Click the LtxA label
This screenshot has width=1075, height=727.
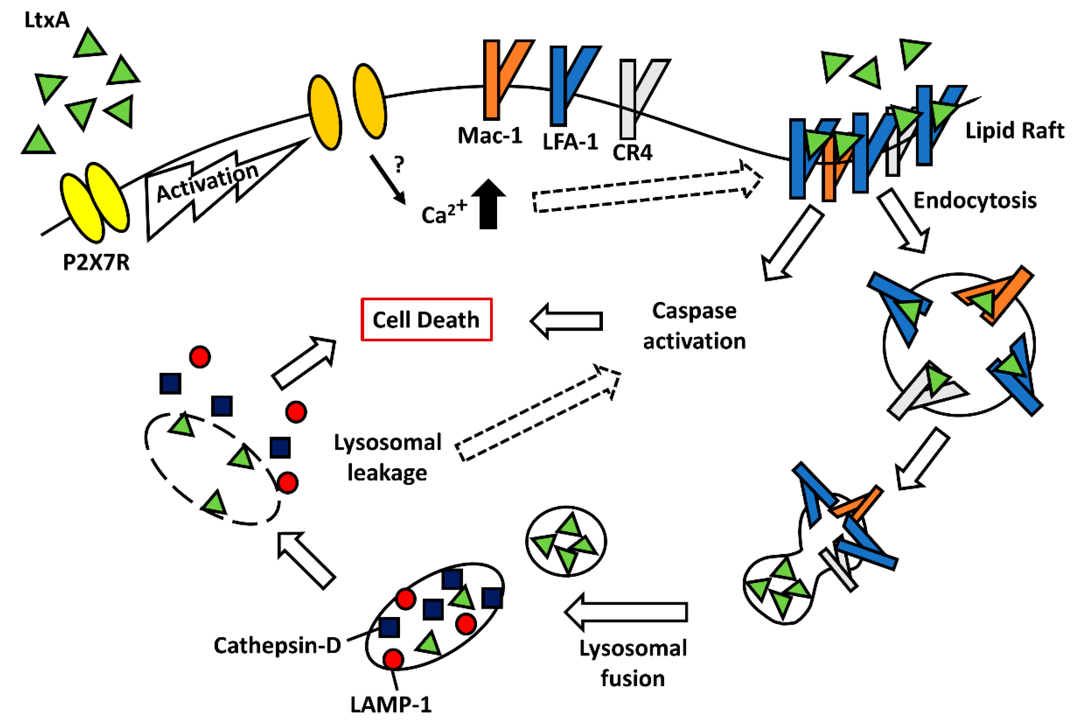(x=47, y=20)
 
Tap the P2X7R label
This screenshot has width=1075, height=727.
(x=96, y=262)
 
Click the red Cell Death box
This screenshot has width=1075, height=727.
(x=426, y=320)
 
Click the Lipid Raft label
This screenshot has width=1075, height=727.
(x=1014, y=131)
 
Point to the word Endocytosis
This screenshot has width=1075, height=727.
(x=975, y=200)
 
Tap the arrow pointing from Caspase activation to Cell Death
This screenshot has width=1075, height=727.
(x=567, y=321)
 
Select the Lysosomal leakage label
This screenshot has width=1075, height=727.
(x=388, y=457)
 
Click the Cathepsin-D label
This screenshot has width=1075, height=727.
(x=277, y=645)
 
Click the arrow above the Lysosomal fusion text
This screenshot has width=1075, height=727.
(x=626, y=612)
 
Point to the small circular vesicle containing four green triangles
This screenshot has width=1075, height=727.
(x=566, y=541)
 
